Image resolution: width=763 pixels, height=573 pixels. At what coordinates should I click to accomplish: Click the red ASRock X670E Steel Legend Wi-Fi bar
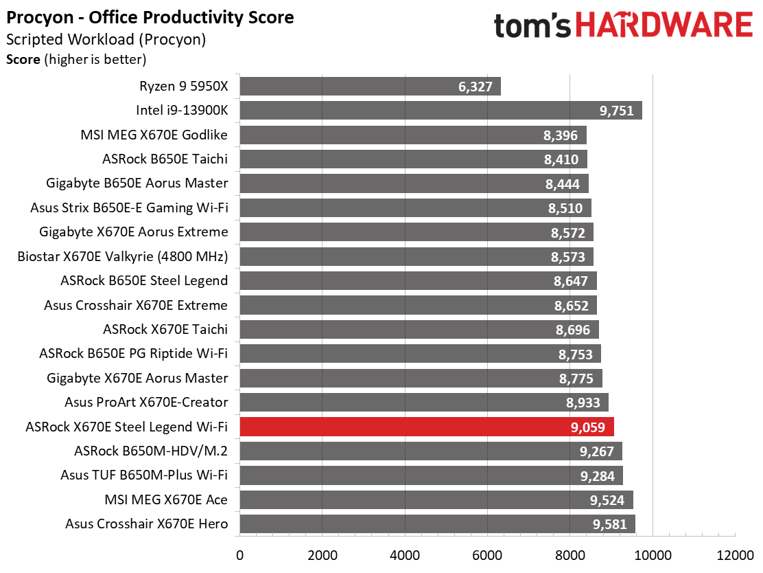click(427, 427)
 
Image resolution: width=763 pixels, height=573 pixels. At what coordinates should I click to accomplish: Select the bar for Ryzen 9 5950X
click(371, 87)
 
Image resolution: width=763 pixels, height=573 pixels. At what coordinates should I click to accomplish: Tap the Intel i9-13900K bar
click(441, 110)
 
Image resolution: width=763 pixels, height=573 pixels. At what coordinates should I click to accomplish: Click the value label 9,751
click(617, 111)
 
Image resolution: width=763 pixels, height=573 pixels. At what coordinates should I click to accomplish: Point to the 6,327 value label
click(476, 87)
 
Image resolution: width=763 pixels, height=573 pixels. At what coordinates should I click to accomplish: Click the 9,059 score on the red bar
click(588, 427)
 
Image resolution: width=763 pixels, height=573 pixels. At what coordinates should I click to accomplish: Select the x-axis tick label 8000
click(570, 555)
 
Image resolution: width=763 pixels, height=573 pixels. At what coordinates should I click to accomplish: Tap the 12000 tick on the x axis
click(735, 555)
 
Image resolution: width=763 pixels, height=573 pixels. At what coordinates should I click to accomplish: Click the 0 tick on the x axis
click(239, 555)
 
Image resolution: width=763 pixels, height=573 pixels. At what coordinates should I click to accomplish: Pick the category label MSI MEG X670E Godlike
click(154, 135)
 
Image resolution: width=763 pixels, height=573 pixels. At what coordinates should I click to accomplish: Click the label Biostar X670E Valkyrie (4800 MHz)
click(123, 256)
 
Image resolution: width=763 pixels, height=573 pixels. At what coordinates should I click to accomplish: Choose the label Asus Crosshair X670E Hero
click(146, 524)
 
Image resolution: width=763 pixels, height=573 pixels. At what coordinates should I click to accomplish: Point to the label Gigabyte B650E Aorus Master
click(137, 183)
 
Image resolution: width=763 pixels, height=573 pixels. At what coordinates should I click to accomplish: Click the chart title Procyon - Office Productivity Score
click(150, 18)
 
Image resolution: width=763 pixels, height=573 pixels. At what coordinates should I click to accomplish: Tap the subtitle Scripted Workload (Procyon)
click(106, 39)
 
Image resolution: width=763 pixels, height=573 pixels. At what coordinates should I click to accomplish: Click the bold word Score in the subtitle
click(23, 60)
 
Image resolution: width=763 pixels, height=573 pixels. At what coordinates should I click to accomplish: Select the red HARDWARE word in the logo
click(665, 25)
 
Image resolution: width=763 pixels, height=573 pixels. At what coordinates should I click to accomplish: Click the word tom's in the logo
click(532, 25)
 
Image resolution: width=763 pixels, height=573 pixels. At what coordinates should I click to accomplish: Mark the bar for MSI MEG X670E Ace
click(436, 500)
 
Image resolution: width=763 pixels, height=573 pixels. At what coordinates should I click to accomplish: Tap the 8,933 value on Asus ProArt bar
click(583, 403)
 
